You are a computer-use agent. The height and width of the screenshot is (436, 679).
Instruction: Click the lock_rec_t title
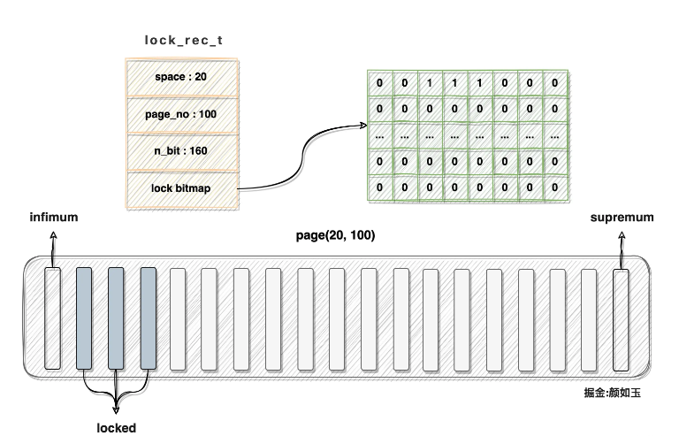[x=182, y=41]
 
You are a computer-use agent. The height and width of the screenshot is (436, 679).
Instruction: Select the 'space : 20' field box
[x=182, y=78]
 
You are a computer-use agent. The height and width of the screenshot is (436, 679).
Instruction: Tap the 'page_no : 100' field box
[x=182, y=115]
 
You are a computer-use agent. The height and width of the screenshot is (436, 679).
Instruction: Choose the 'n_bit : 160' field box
[x=182, y=151]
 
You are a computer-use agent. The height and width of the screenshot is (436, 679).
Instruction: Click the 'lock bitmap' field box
[x=182, y=187]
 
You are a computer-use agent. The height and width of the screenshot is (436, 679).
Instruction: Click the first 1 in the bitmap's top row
[x=430, y=84]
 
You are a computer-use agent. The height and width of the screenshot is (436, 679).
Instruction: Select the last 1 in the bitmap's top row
[x=479, y=84]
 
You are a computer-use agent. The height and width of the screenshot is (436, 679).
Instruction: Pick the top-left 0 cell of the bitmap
[x=380, y=84]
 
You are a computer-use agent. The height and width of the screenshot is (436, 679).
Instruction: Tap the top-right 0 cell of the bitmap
[x=554, y=84]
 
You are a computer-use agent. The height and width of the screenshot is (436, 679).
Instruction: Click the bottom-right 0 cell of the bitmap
[x=554, y=187]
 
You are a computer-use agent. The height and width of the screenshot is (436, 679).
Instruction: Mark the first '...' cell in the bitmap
[x=380, y=136]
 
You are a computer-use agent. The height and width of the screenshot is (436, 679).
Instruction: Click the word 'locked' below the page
[x=117, y=428]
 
